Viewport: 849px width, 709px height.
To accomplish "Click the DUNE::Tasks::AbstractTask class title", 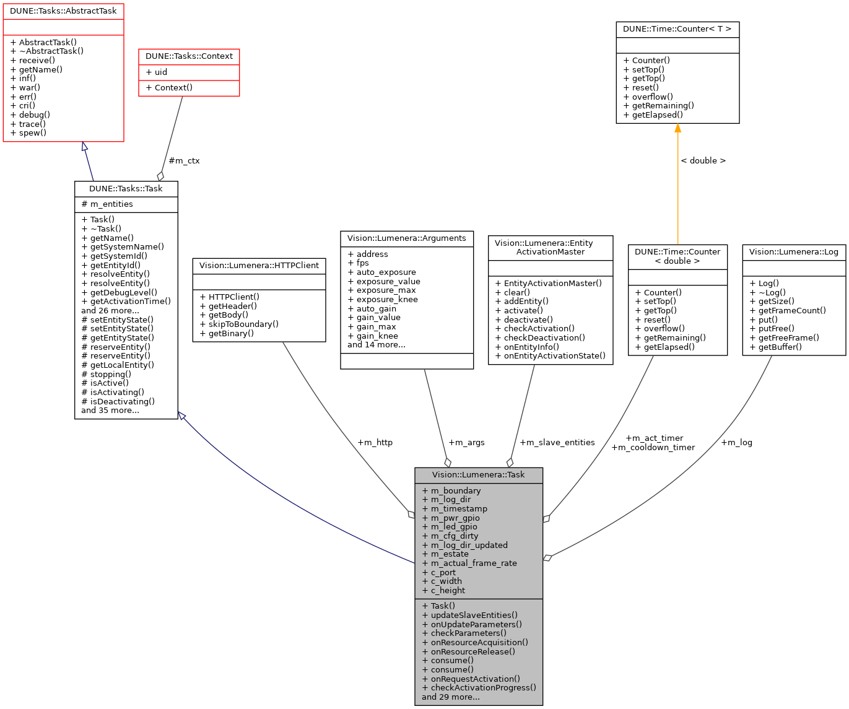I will pyautogui.click(x=63, y=11).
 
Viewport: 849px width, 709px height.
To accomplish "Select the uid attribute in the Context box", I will pyautogui.click(x=160, y=72).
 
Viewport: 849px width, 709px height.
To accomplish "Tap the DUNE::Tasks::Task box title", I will pyautogui.click(x=126, y=189).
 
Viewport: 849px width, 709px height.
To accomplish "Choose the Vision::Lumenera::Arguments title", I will pyautogui.click(x=407, y=238).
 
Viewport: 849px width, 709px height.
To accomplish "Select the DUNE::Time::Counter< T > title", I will pyautogui.click(x=677, y=29).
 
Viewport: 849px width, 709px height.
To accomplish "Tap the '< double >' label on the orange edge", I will pyautogui.click(x=703, y=161).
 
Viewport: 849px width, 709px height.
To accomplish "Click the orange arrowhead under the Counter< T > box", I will pyautogui.click(x=677, y=128).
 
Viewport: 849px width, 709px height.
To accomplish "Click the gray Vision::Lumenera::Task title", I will pyautogui.click(x=478, y=475).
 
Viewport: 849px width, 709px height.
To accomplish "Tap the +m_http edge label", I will pyautogui.click(x=375, y=443).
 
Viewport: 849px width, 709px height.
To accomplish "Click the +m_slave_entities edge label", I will pyautogui.click(x=557, y=443).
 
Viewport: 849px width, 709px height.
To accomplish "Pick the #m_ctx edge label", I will pyautogui.click(x=184, y=161).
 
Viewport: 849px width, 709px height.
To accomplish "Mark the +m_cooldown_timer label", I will pyautogui.click(x=653, y=448).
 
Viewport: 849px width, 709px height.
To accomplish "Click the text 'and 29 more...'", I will pyautogui.click(x=450, y=697).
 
